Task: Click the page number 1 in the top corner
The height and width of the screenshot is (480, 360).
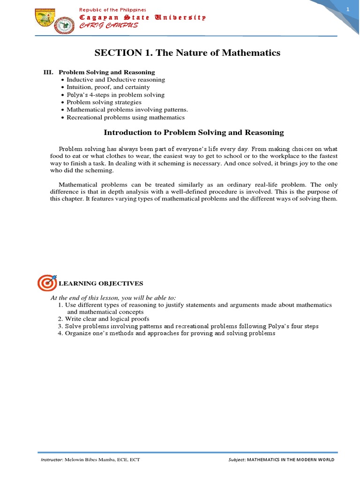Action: (x=348, y=10)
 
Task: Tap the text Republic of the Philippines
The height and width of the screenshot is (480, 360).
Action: (x=112, y=10)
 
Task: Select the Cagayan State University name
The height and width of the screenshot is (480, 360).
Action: (x=142, y=17)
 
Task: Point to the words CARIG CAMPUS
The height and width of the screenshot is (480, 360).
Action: (x=109, y=25)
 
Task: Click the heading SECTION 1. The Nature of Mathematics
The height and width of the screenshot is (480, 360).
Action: (x=187, y=53)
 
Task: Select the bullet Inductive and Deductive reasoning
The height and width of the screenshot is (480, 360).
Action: (x=115, y=80)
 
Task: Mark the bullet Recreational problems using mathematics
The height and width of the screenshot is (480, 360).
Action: (x=125, y=117)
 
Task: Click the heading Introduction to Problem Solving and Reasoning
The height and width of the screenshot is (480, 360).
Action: (x=194, y=133)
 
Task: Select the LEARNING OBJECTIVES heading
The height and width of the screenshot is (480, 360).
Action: (x=101, y=284)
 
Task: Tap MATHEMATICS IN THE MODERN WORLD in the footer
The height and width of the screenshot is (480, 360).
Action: (x=291, y=460)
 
